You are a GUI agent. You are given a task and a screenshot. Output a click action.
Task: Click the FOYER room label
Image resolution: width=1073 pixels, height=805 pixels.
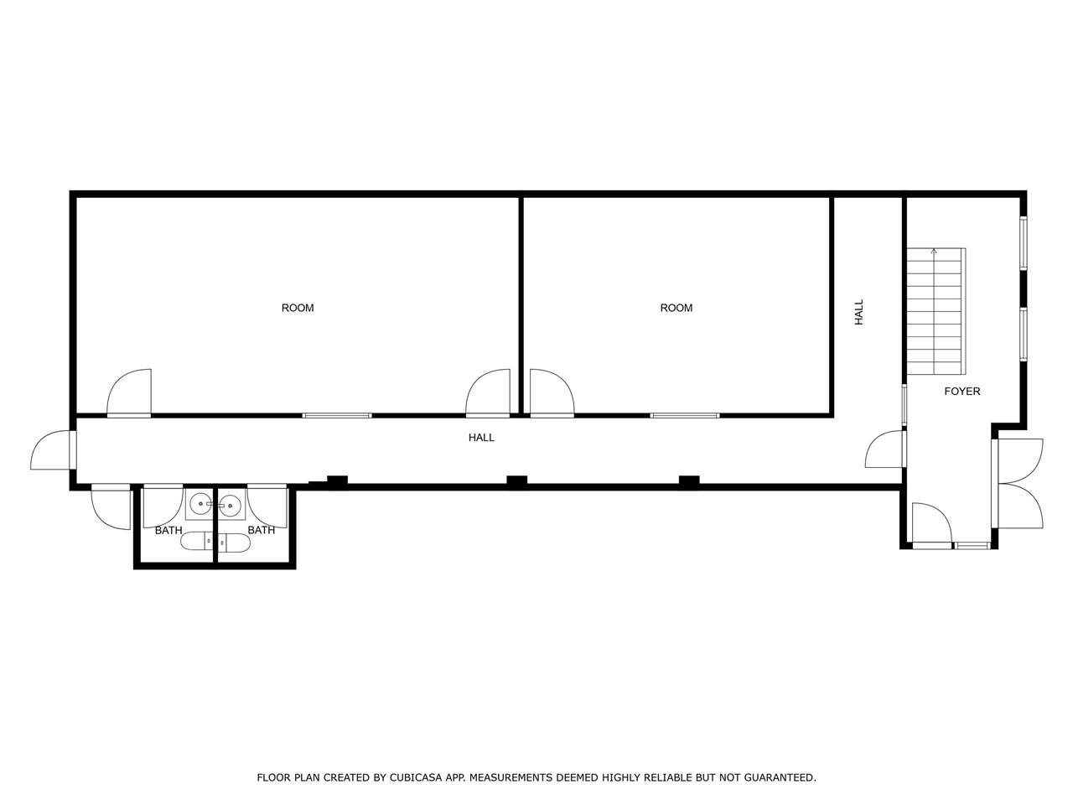[x=962, y=391]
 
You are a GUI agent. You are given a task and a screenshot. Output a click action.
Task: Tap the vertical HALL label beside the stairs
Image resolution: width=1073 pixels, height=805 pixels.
[x=858, y=312]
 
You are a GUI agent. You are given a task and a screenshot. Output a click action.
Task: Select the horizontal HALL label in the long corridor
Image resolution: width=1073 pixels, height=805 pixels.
[x=481, y=438]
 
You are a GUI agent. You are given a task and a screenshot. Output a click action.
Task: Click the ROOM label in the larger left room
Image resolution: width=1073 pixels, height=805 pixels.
[x=298, y=308]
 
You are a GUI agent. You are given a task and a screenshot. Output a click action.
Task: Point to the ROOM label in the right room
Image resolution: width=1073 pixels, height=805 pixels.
[x=676, y=308]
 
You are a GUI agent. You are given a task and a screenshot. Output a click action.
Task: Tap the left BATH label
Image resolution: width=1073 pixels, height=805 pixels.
[x=168, y=530]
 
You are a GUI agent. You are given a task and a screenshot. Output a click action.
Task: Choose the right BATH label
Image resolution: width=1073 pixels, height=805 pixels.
[x=261, y=530]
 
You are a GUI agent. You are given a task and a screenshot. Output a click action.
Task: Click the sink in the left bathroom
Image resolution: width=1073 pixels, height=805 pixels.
[x=200, y=503]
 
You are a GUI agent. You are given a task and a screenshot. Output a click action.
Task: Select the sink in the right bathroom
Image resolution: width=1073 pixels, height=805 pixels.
[x=230, y=505]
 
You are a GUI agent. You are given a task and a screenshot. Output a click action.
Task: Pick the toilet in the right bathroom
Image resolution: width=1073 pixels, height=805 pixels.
[x=234, y=542]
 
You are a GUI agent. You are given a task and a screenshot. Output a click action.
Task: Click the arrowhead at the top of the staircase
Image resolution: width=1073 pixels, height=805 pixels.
[x=934, y=252]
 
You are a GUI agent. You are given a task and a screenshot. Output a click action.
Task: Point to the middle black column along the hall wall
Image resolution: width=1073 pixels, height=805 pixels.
[x=516, y=481]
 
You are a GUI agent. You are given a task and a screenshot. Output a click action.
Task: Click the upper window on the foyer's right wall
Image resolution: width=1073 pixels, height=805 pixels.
[x=1024, y=243]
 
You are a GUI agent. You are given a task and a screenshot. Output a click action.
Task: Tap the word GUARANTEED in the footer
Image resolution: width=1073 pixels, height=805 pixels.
[x=780, y=777]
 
